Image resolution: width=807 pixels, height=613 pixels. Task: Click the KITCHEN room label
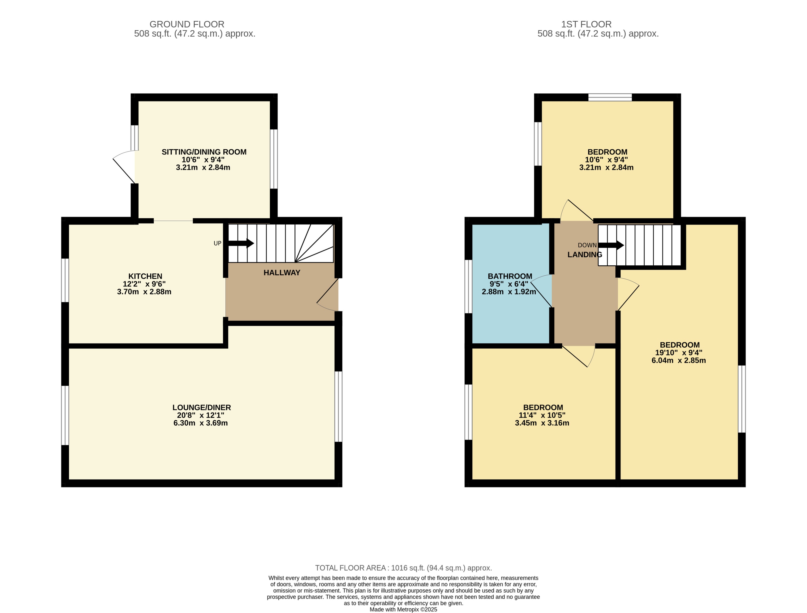pyautogui.click(x=145, y=276)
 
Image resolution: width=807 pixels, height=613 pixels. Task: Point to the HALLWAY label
pyautogui.click(x=282, y=273)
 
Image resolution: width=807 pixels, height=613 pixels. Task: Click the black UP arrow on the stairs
pyautogui.click(x=241, y=243)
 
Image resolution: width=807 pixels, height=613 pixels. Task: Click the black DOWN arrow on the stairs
pyautogui.click(x=611, y=245)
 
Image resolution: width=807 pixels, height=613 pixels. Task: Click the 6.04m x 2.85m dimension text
pyautogui.click(x=679, y=360)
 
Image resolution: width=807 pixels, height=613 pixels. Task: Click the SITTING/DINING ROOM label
pyautogui.click(x=204, y=152)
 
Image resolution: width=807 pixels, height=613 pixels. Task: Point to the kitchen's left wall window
pyautogui.click(x=65, y=280)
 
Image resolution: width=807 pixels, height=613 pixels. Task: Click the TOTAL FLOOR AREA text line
pyautogui.click(x=403, y=568)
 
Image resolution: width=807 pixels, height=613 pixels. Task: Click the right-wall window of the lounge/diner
pyautogui.click(x=338, y=407)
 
